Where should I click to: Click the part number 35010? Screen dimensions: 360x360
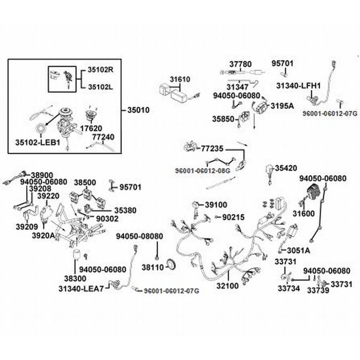(x=139, y=110)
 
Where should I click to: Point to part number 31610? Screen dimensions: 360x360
(x=180, y=80)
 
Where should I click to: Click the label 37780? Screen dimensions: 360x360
(x=241, y=64)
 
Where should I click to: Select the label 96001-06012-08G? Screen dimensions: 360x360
(x=202, y=171)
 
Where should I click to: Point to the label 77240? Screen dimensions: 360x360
(x=103, y=136)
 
